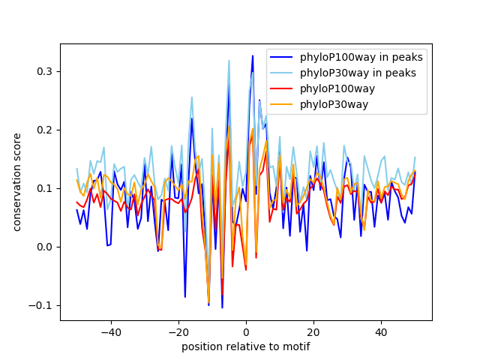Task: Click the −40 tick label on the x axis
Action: pos(110,332)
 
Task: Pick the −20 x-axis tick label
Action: pos(178,332)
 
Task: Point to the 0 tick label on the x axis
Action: pos(246,332)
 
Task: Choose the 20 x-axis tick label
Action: pos(313,332)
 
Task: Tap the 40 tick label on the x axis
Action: pos(381,332)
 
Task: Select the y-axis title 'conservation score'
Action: pos(16,182)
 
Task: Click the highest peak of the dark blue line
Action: pos(253,55)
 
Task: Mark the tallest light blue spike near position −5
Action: pos(229,61)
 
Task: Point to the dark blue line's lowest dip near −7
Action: pos(222,307)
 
